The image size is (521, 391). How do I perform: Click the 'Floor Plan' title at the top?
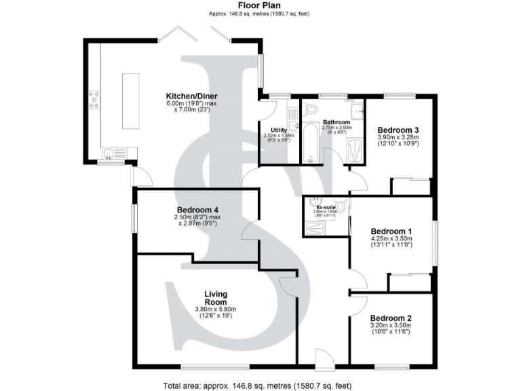click(x=260, y=5)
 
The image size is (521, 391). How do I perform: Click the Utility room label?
click(x=278, y=130)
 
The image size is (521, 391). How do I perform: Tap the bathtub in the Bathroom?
click(x=311, y=143)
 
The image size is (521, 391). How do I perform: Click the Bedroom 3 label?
click(x=398, y=130)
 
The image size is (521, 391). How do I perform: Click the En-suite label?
click(x=326, y=207)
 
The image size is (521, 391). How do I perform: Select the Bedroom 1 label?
click(x=391, y=230)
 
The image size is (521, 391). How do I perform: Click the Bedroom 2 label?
click(x=391, y=318)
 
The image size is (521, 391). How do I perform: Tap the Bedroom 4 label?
click(x=197, y=210)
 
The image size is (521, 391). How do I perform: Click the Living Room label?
click(x=216, y=298)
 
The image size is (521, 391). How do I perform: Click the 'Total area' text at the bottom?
click(x=257, y=386)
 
